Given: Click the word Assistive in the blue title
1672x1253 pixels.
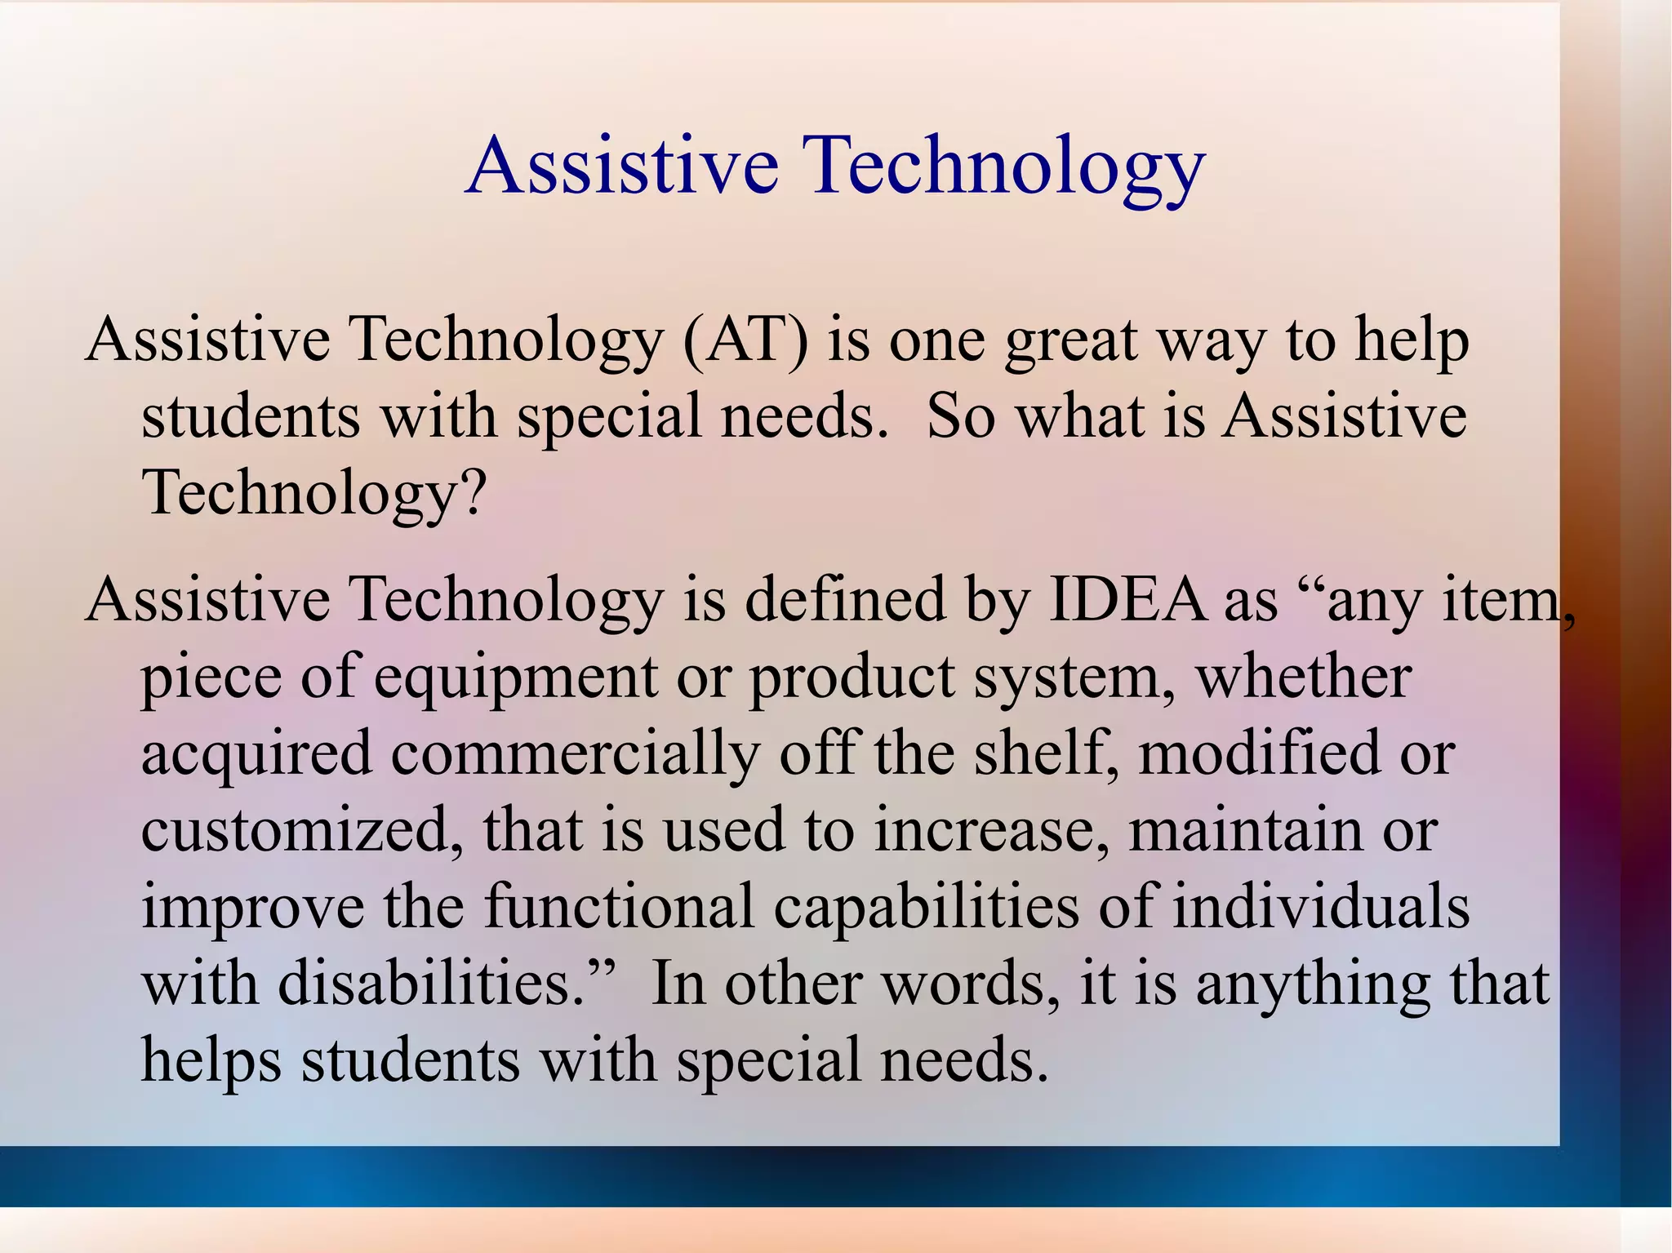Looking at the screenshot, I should tap(622, 167).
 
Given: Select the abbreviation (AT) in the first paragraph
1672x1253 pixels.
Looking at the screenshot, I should tap(745, 340).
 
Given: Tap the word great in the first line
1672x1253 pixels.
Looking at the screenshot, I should tap(1070, 342).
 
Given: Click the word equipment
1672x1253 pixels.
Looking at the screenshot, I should tap(515, 678).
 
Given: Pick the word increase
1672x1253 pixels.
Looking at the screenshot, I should tap(989, 831).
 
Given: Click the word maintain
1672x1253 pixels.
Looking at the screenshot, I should tap(1245, 831).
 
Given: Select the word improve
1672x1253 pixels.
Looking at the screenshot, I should tap(252, 908).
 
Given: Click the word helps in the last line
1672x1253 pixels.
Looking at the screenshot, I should tap(211, 1061).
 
